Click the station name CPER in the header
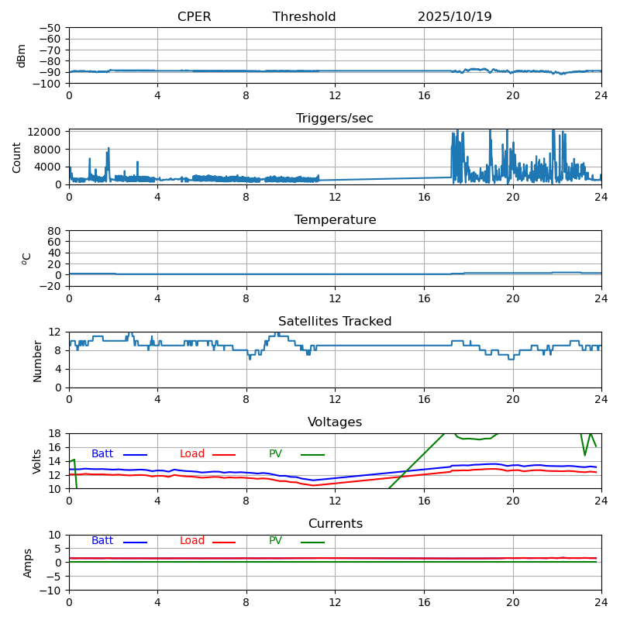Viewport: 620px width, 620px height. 194,17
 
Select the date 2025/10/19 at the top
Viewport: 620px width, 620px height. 454,17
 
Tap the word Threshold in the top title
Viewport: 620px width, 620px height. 304,17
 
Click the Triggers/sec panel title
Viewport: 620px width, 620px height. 335,119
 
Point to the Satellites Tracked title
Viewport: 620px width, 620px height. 335,322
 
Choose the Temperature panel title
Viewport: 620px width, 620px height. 335,220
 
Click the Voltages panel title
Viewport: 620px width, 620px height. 335,422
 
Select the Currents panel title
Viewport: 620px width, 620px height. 335,524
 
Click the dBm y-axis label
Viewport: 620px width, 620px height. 22,56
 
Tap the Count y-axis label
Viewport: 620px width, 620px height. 17,157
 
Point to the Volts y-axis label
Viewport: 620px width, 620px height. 37,461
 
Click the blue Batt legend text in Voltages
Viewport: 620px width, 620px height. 102,454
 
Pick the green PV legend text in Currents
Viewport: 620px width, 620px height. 276,541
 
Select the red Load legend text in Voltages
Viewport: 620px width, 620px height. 192,454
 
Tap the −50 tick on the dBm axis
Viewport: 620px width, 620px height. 50,28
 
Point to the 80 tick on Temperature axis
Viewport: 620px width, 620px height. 54,231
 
